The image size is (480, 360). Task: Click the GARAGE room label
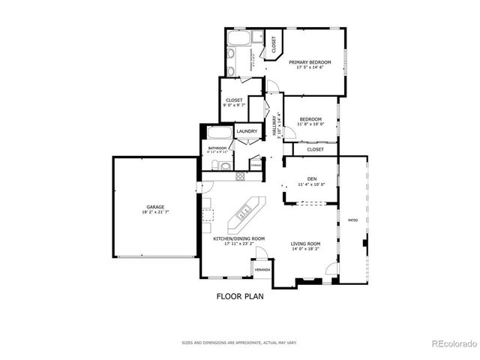point(155,206)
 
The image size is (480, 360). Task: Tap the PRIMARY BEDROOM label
point(310,62)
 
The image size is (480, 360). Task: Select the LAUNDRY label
point(247,132)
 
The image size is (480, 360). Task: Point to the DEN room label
point(310,178)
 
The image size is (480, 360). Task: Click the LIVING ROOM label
point(306,244)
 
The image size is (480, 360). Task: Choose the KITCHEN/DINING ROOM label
point(239,238)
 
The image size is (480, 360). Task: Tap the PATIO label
point(352,220)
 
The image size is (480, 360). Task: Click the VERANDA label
point(262,268)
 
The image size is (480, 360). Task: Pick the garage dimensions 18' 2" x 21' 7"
point(155,212)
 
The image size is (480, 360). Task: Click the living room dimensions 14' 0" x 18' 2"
point(306,249)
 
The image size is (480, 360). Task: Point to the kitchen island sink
point(244,214)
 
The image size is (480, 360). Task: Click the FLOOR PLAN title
point(240,296)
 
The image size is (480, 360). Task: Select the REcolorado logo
point(453,344)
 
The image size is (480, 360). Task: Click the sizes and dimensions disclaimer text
point(239,343)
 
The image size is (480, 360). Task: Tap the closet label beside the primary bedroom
point(274,43)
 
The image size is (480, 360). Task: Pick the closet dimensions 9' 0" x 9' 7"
point(234,105)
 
